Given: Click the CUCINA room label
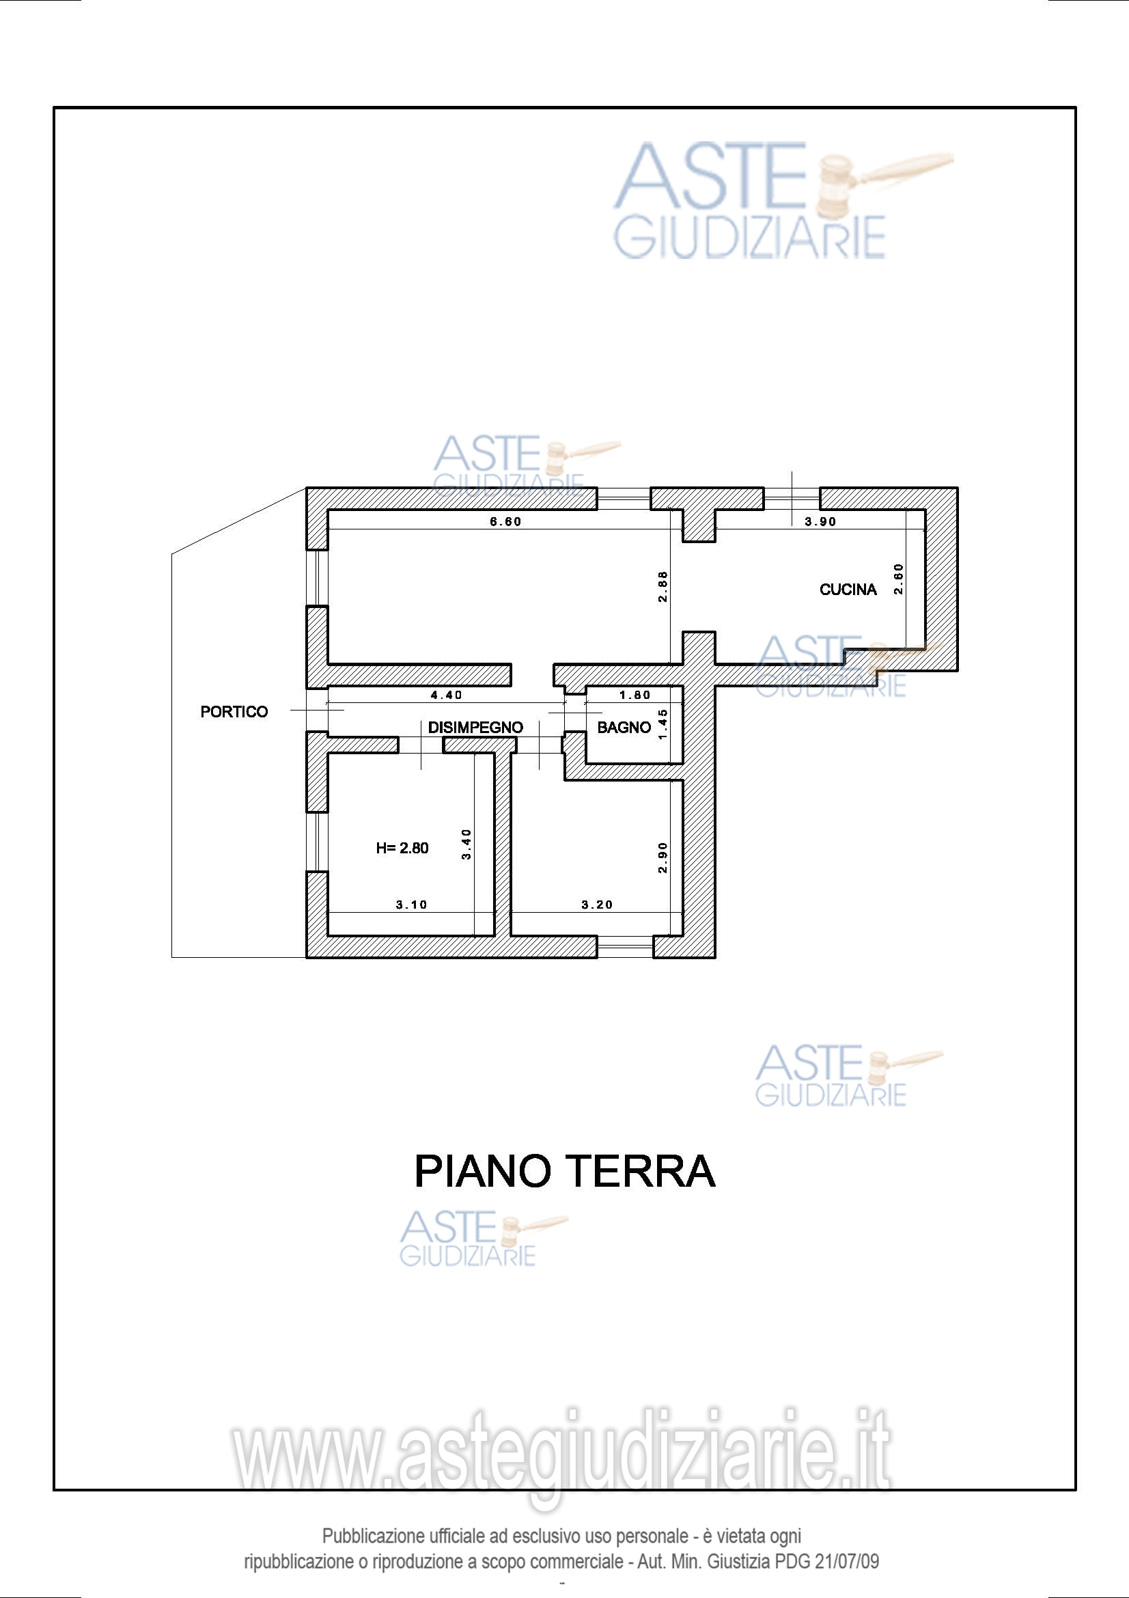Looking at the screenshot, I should tap(848, 590).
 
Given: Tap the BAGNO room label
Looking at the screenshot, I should tap(624, 728).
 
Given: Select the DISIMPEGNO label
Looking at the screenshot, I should tap(475, 728).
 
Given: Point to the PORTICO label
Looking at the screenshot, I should tap(234, 711).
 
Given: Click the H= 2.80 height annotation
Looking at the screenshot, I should tap(402, 848).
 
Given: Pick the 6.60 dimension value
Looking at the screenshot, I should tap(505, 521).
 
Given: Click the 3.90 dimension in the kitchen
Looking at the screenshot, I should tap(820, 521).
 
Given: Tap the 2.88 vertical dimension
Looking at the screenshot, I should tap(663, 587).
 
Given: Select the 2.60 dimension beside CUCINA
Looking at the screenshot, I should tap(898, 579).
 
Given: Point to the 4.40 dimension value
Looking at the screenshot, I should tap(447, 695).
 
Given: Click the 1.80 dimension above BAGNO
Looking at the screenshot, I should tap(635, 695).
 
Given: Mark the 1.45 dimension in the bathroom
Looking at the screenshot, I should tap(663, 724).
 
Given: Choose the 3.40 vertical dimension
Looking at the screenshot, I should tap(466, 844).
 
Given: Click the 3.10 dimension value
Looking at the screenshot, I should tap(412, 905).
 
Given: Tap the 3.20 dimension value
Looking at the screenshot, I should tap(597, 905).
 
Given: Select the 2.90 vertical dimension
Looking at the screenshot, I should tap(663, 857).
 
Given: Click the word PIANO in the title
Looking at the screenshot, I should tap(482, 1172).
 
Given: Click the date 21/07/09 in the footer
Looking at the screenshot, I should tap(846, 1561).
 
